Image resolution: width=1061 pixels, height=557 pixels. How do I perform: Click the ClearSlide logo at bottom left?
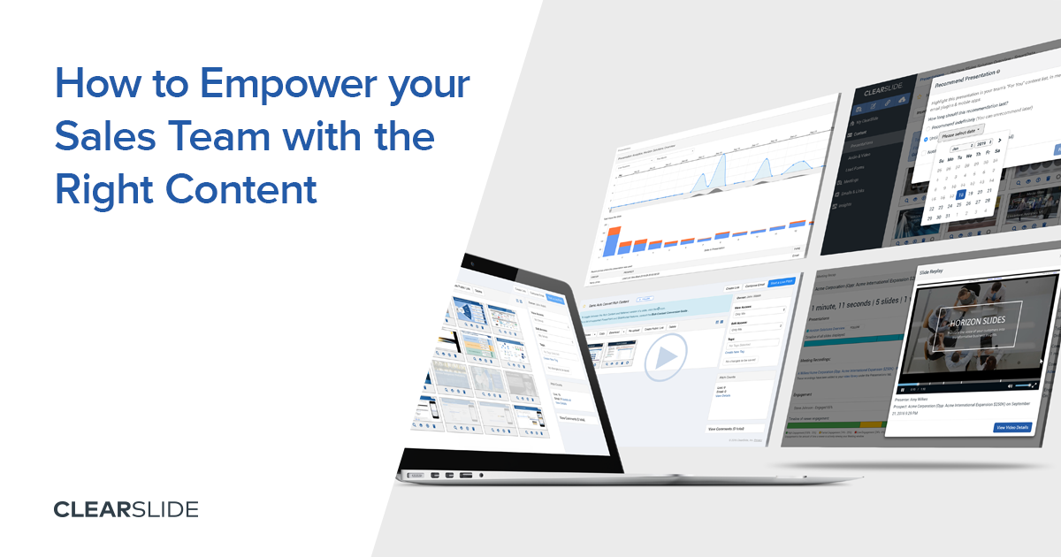[x=126, y=509]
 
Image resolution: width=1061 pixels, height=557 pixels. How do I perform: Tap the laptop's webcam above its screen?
[x=474, y=262]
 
